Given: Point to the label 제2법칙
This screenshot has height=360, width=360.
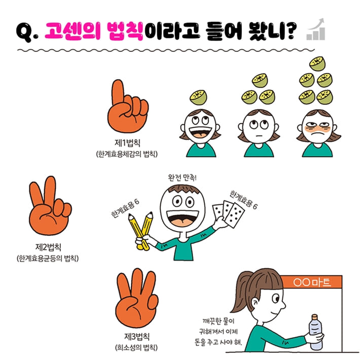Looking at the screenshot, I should tap(48, 247).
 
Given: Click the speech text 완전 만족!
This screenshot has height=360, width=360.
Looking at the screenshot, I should tap(185, 178).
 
